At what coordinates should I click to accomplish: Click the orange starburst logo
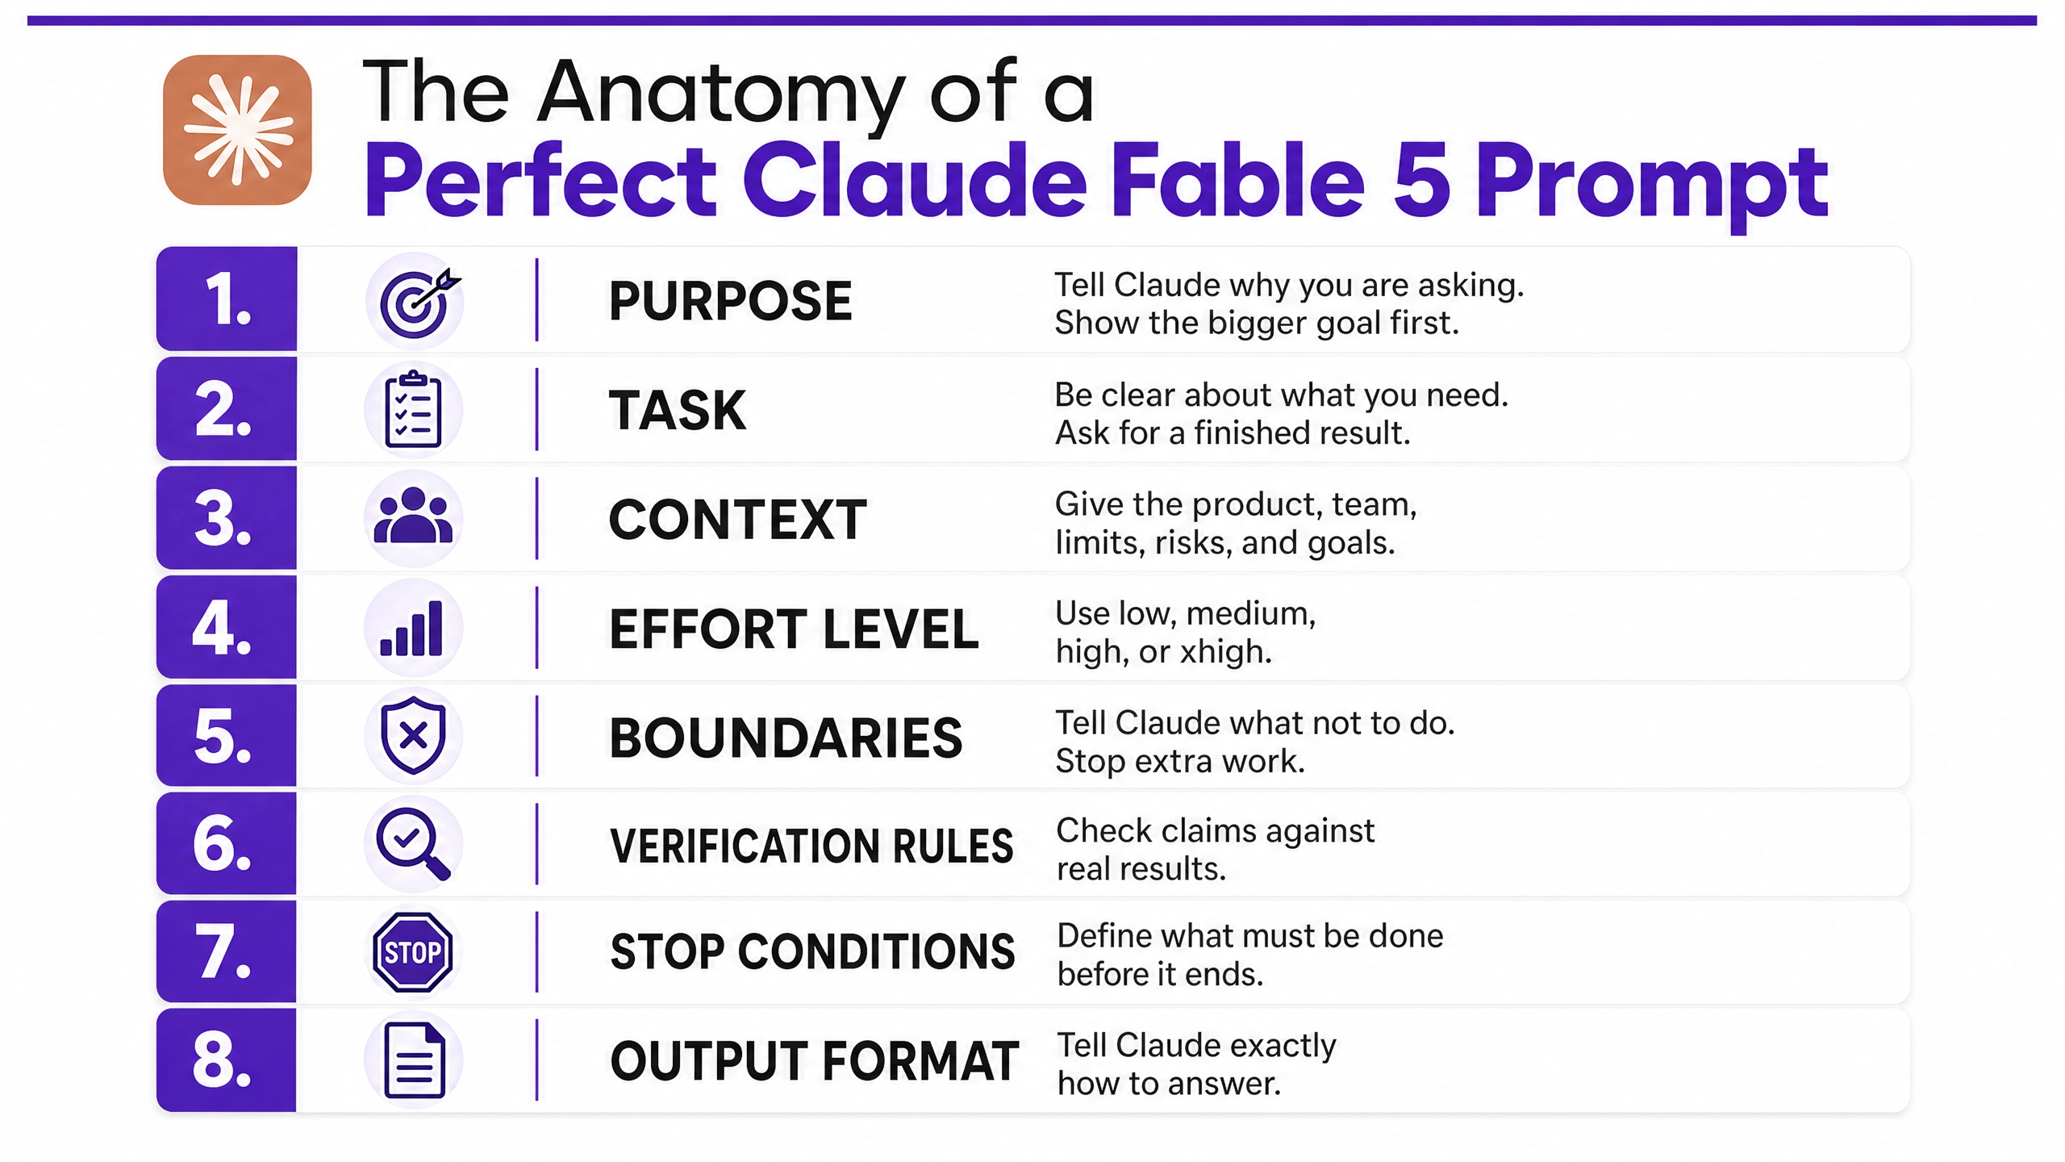pos(237,129)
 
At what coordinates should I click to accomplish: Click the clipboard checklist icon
pos(413,409)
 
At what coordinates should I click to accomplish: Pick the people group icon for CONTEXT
pos(414,516)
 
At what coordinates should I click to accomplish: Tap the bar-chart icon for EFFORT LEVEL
pos(411,628)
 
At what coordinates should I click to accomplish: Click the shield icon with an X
pos(413,736)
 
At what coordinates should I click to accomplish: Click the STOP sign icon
pos(413,952)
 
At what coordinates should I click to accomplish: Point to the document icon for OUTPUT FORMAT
pos(415,1060)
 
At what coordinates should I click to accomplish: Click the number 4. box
pos(227,627)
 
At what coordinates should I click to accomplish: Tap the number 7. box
pos(227,952)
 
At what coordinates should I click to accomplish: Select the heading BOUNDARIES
pos(786,738)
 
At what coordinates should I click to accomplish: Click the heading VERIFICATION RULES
pos(811,846)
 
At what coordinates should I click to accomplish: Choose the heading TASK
pos(678,410)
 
